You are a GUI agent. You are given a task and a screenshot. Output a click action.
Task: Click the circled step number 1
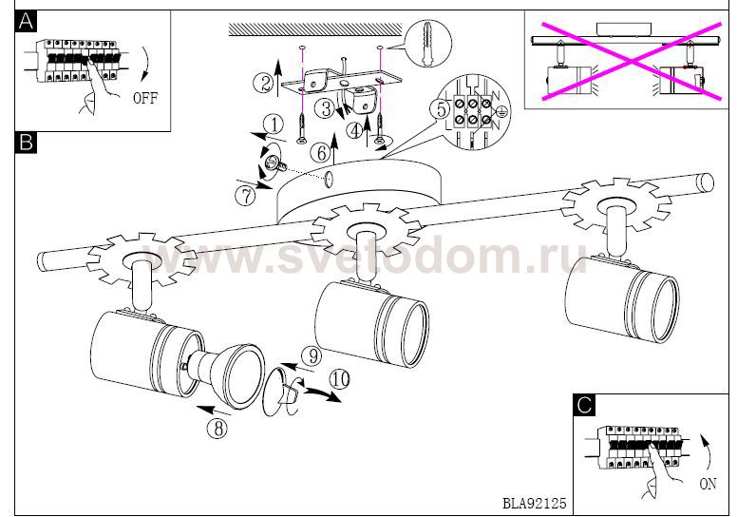(x=274, y=125)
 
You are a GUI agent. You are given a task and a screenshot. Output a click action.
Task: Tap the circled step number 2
(x=263, y=84)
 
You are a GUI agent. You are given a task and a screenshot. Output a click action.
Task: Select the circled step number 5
(x=441, y=109)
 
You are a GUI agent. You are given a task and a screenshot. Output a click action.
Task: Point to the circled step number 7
(x=245, y=196)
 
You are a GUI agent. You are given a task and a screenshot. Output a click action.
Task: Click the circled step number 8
(x=218, y=428)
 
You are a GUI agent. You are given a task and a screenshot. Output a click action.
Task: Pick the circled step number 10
(x=340, y=379)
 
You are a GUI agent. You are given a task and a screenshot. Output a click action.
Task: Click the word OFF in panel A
(x=145, y=98)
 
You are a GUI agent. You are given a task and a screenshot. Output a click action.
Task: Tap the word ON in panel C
(x=708, y=483)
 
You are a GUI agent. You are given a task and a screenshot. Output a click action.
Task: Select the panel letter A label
(x=26, y=21)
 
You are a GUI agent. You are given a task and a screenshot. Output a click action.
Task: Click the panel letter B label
(x=26, y=142)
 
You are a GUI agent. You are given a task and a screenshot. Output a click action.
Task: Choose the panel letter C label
(x=584, y=405)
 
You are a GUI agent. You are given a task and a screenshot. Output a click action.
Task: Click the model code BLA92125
(x=535, y=504)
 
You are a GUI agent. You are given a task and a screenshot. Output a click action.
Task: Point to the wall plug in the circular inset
(x=427, y=43)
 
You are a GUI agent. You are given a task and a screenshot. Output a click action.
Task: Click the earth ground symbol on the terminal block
(x=501, y=112)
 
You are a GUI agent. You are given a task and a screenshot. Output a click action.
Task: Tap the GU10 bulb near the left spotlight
(x=218, y=376)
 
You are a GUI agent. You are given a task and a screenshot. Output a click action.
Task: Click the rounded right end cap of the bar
(x=705, y=182)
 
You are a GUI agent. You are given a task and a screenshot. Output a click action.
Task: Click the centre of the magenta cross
(x=632, y=61)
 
